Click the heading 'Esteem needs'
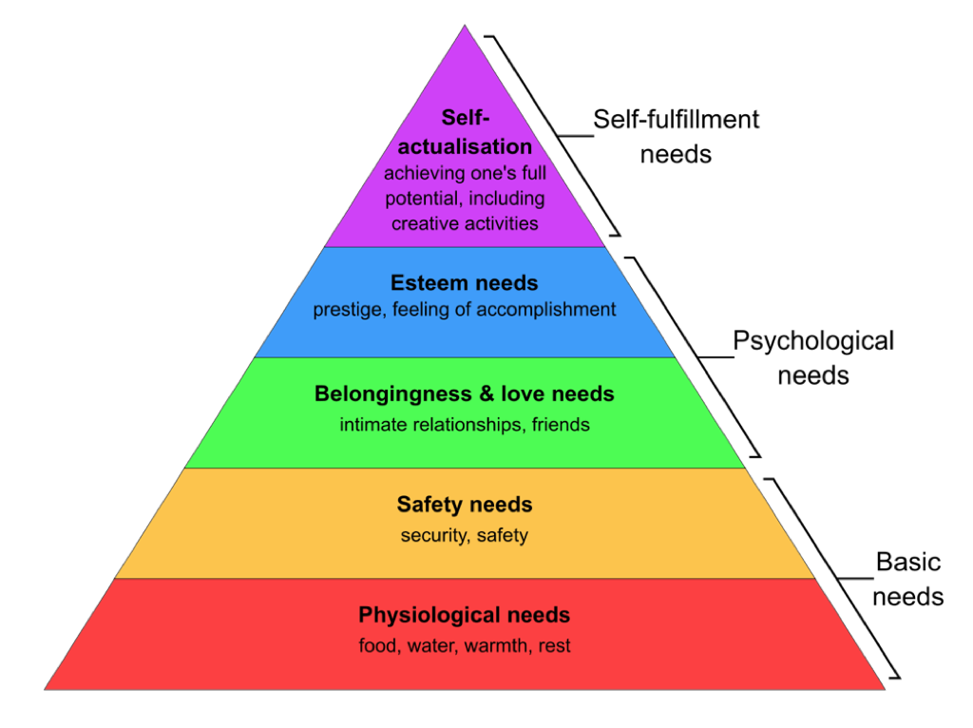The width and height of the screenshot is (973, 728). pyautogui.click(x=465, y=282)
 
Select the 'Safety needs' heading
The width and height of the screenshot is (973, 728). pyautogui.click(x=465, y=504)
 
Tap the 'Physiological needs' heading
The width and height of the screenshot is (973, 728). pyautogui.click(x=465, y=615)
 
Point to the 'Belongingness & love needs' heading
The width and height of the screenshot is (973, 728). pyautogui.click(x=465, y=393)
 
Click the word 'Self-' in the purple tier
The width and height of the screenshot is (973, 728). pyautogui.click(x=465, y=118)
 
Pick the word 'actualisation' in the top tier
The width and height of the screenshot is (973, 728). pyautogui.click(x=465, y=147)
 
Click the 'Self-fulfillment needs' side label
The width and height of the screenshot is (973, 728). pyautogui.click(x=676, y=135)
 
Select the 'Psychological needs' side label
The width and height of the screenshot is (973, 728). pyautogui.click(x=813, y=356)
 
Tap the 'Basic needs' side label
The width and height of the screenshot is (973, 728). pyautogui.click(x=907, y=579)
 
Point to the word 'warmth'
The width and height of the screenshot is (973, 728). pyautogui.click(x=498, y=646)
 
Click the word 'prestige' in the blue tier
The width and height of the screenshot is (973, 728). pyautogui.click(x=345, y=310)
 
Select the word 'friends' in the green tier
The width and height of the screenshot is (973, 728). pyautogui.click(x=561, y=425)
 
